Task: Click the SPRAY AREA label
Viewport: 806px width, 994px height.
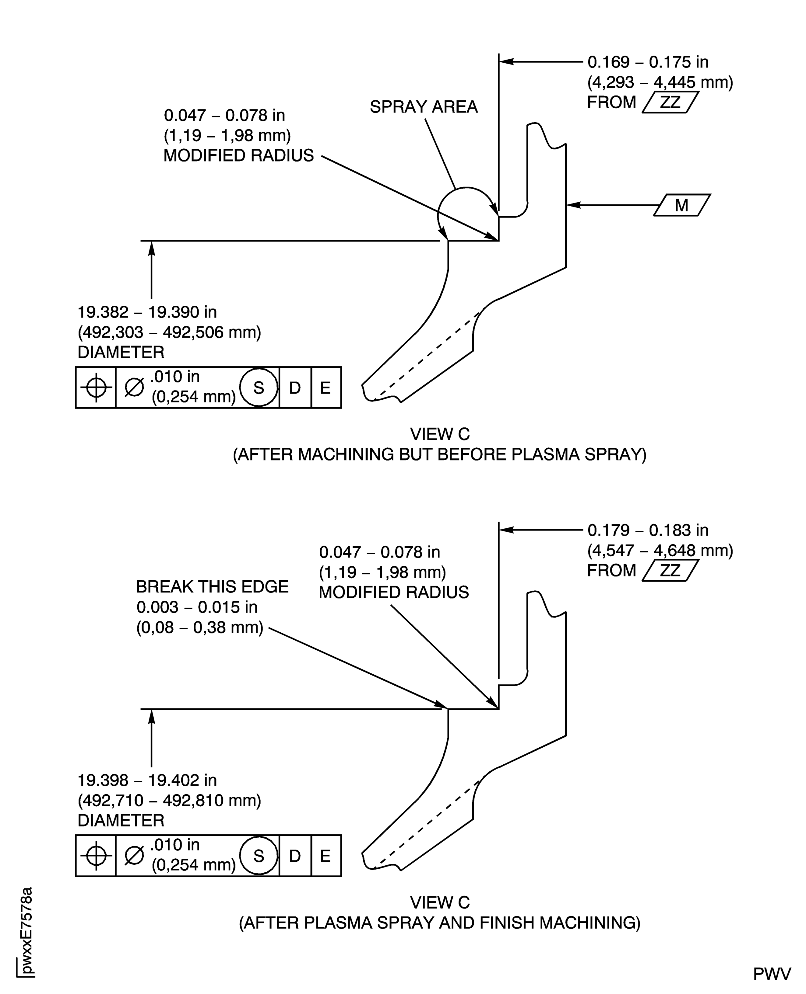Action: click(424, 107)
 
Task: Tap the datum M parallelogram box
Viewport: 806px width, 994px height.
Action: click(681, 205)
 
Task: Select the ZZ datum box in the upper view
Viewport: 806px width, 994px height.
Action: click(670, 102)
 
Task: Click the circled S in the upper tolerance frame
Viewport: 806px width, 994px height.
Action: click(259, 388)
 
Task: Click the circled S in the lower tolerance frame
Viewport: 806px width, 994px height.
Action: click(259, 856)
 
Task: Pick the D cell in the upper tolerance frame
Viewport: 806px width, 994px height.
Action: click(295, 388)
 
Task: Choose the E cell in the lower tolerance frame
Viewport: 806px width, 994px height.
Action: click(326, 856)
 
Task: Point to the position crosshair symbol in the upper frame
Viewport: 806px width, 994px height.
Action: click(96, 387)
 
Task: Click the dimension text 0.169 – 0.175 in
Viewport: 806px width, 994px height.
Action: click(648, 62)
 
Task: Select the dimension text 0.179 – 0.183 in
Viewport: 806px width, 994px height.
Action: click(648, 530)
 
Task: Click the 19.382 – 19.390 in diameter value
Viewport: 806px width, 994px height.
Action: click(147, 312)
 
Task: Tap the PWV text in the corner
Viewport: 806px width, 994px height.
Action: click(772, 975)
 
